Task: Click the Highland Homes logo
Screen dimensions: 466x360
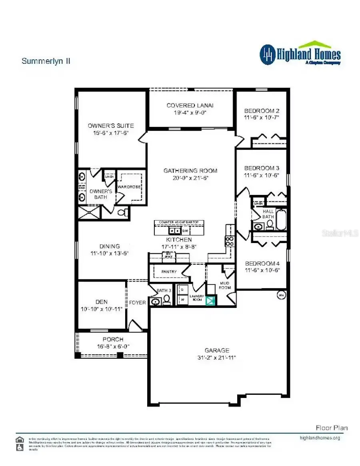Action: [300, 54]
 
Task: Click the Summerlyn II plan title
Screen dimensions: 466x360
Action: [46, 61]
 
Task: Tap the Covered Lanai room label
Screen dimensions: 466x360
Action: [190, 105]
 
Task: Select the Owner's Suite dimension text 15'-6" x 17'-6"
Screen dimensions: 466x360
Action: [111, 133]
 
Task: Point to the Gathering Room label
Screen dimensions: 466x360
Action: [190, 171]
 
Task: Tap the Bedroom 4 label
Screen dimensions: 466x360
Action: [262, 263]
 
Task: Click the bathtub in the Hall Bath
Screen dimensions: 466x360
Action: [281, 220]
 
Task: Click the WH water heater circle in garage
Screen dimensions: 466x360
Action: [281, 296]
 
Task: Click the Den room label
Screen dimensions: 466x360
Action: [101, 302]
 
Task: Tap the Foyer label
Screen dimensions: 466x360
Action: [138, 302]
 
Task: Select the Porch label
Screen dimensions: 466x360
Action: [113, 339]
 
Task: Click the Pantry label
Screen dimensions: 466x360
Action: [169, 272]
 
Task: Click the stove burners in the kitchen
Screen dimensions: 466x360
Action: [230, 241]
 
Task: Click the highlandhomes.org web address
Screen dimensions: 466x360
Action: [320, 438]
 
